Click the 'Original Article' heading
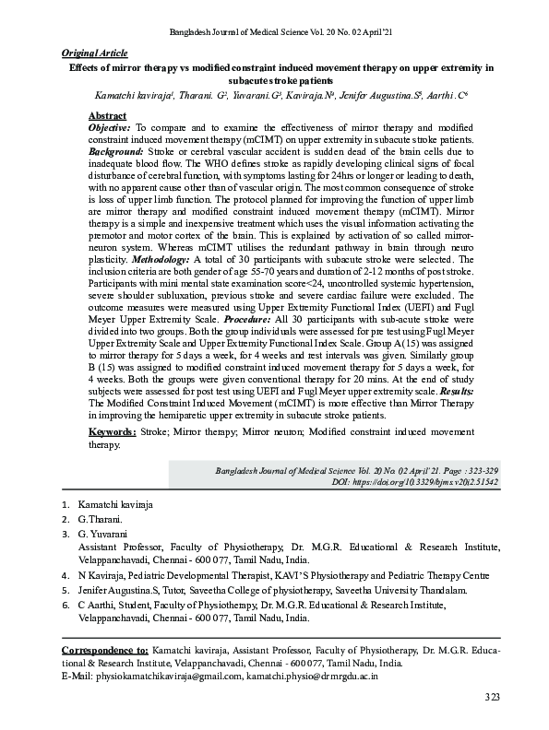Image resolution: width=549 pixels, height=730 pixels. [x=94, y=53]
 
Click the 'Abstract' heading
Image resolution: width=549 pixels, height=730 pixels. [x=107, y=114]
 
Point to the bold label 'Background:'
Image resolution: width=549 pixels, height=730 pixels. [x=116, y=149]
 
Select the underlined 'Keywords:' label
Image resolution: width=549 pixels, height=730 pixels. [x=116, y=431]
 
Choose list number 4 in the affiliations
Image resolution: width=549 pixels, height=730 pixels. [x=65, y=573]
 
